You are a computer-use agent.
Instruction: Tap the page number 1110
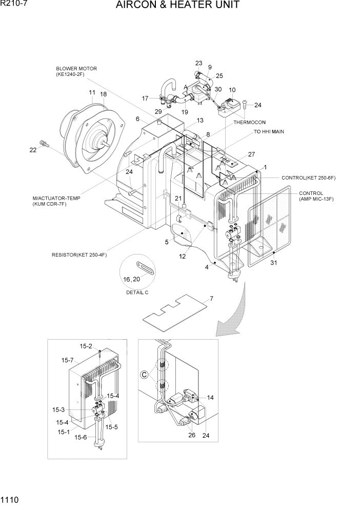pos(10,499)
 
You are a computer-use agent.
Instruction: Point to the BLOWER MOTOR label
pos(76,69)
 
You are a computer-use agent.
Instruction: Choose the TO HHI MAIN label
pos(269,132)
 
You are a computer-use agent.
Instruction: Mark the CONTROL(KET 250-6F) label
pos(308,178)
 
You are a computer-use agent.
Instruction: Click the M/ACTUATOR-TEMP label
pos(56,198)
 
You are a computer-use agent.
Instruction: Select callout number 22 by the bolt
pos(33,150)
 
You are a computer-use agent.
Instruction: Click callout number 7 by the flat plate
pos(211,299)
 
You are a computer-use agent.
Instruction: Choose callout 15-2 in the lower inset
pos(86,346)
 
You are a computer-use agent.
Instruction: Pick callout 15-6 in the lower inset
pos(81,437)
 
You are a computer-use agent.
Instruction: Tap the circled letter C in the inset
pos(145,375)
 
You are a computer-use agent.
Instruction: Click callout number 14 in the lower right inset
pos(210,397)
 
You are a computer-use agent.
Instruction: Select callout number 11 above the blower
pos(92,92)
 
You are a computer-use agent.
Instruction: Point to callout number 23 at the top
pos(199,63)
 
